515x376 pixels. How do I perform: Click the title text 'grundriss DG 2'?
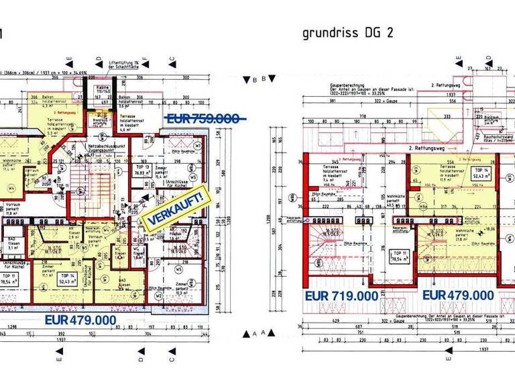pyautogui.click(x=347, y=34)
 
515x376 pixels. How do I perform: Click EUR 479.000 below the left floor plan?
pyautogui.click(x=80, y=320)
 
